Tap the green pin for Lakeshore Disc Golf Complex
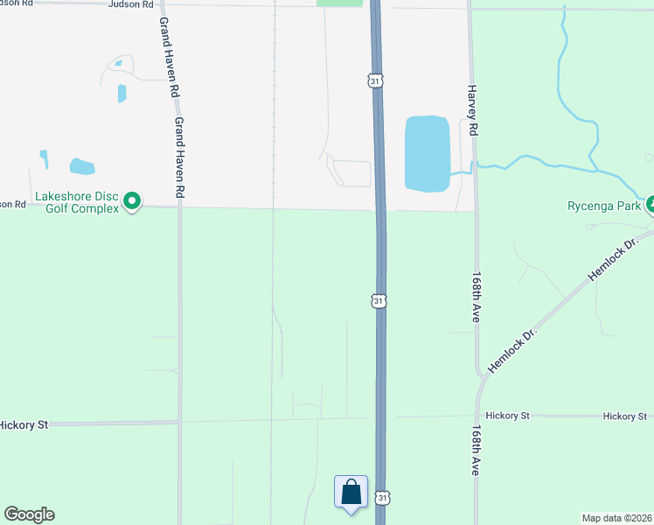[132, 202]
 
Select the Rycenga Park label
[604, 206]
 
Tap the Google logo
[29, 514]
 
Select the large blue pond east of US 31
[427, 153]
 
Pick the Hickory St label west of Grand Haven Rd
[23, 424]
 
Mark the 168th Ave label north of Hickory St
[476, 297]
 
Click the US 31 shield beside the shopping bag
[382, 497]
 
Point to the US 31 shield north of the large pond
[374, 80]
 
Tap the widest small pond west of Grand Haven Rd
[81, 166]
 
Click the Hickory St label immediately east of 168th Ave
[508, 416]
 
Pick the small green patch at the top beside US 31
[339, 3]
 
